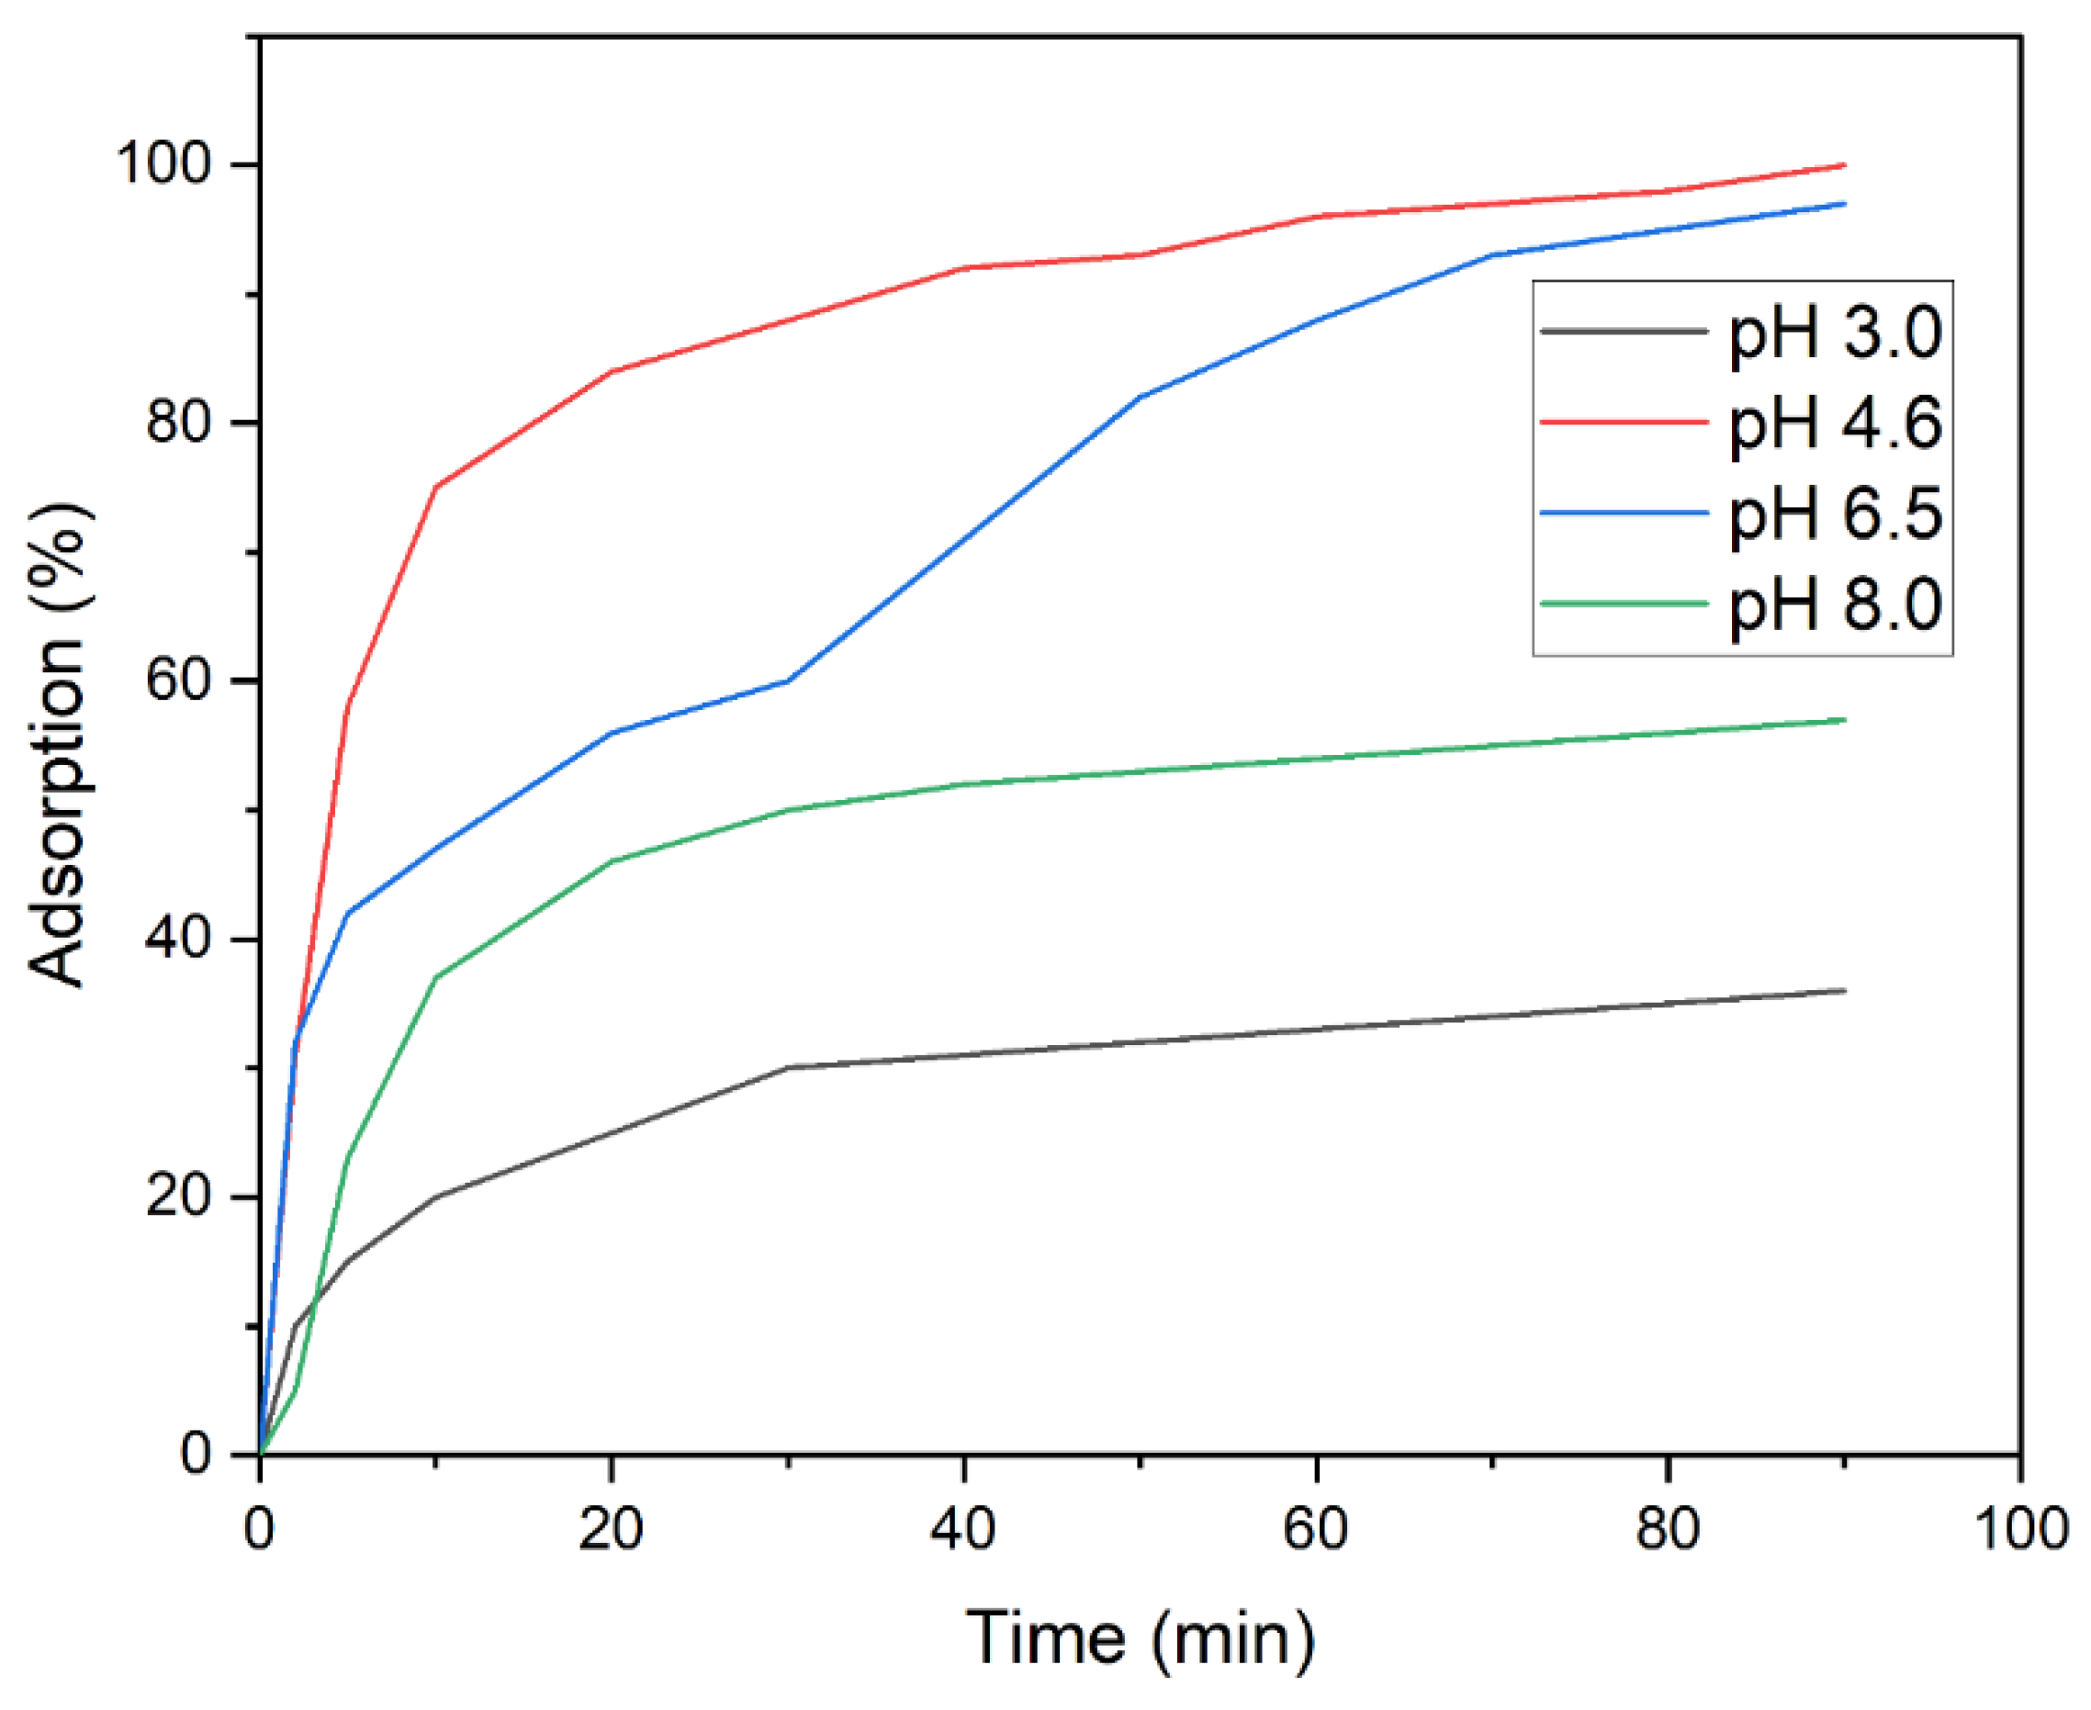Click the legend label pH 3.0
click(x=1835, y=333)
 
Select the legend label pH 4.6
click(x=1835, y=423)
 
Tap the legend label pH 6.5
click(x=1835, y=513)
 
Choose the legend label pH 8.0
click(x=1835, y=603)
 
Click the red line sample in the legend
click(x=1624, y=421)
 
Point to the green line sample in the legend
click(x=1624, y=602)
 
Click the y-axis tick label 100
click(x=163, y=163)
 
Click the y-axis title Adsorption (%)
click(x=57, y=745)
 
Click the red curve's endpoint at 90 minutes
click(x=1844, y=164)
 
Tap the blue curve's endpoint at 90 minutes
click(x=1844, y=203)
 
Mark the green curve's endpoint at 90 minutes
click(x=1844, y=720)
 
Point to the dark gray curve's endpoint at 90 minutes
click(x=1844, y=991)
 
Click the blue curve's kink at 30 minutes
click(x=788, y=681)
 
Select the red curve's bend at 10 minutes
click(x=435, y=487)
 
